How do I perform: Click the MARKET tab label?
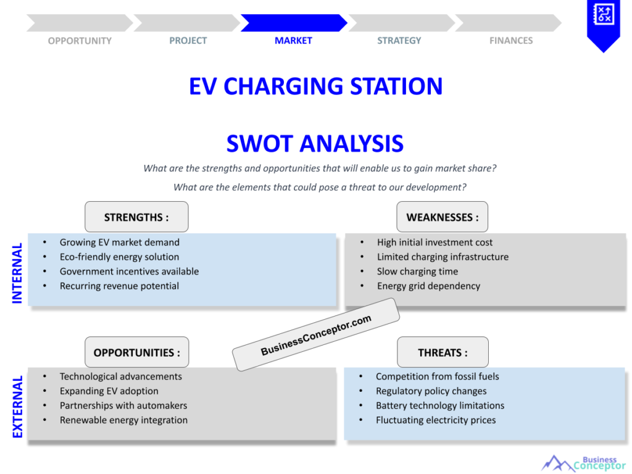293,41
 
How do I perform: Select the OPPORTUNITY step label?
80,41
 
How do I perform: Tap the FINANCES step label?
510,41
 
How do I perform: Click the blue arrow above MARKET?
293,23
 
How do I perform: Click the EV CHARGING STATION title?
315,86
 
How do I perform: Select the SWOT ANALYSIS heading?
315,144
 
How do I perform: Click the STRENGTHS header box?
136,217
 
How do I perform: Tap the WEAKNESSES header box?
442,217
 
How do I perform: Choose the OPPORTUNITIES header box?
136,352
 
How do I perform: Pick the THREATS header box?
443,352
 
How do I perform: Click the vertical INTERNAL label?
17,272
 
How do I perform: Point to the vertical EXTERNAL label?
17,406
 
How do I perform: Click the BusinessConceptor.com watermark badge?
316,335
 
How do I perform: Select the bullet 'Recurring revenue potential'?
119,286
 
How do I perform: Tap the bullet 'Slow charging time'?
417,272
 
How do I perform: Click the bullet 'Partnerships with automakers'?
123,405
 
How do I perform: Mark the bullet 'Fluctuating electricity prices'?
436,420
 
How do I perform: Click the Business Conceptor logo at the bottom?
583,463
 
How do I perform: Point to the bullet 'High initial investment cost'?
434,243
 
